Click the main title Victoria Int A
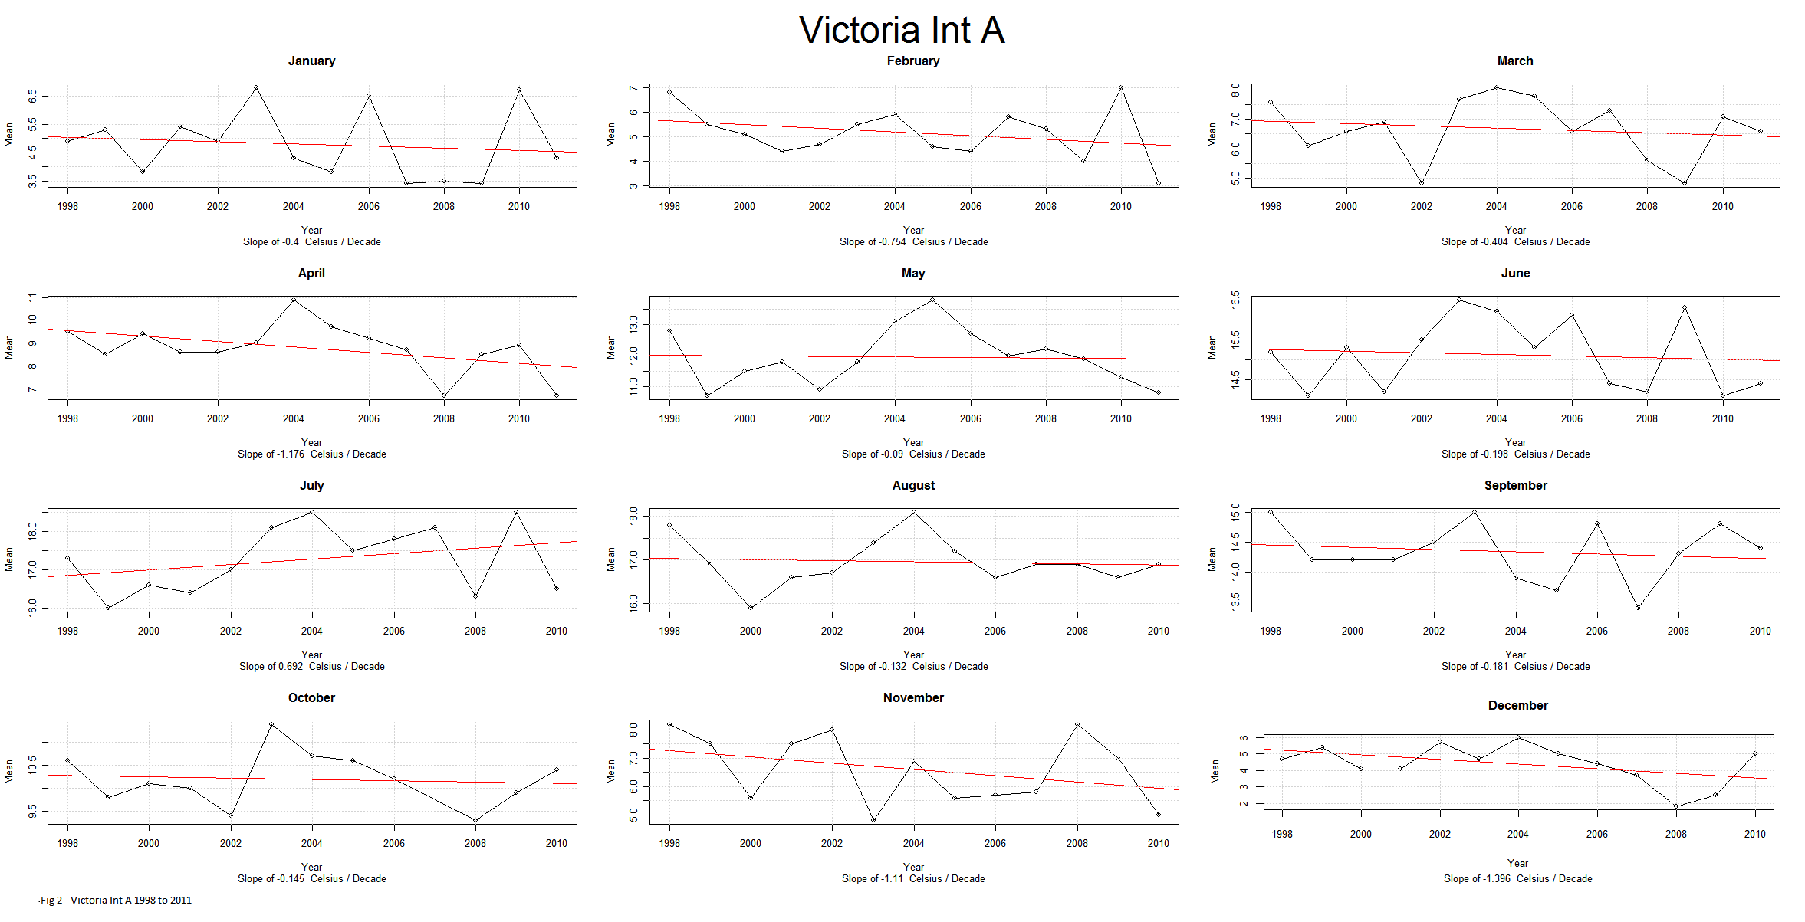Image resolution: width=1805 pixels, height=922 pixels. [x=902, y=31]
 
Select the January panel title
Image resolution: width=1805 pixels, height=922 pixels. [x=311, y=61]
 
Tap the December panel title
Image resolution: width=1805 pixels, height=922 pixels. [x=1517, y=705]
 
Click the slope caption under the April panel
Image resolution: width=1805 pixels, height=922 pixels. [x=311, y=454]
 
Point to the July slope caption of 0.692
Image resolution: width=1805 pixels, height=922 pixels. [x=311, y=666]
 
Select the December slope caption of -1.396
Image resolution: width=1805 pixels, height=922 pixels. [x=1517, y=878]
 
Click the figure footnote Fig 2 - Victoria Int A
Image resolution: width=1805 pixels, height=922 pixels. [x=116, y=900]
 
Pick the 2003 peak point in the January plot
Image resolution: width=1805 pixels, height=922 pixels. [x=256, y=87]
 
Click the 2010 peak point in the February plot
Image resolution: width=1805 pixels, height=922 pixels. [x=1121, y=87]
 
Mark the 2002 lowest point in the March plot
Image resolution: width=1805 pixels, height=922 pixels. [x=1422, y=183]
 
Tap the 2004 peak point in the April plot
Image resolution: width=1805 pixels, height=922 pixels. [x=294, y=300]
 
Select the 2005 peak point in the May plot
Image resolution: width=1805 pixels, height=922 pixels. [x=932, y=300]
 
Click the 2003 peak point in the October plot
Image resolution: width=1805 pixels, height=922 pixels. [x=271, y=724]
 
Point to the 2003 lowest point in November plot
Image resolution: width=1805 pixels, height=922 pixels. [x=873, y=820]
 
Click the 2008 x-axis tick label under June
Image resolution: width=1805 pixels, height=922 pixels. [x=1646, y=418]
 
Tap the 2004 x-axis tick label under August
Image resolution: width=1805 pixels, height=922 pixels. [x=913, y=631]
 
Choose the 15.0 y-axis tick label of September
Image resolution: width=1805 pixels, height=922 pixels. [x=1235, y=512]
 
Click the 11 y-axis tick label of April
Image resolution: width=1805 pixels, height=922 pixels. [x=31, y=297]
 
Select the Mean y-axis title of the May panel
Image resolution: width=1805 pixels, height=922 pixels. [x=610, y=346]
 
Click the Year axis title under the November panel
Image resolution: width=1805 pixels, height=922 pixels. [x=913, y=867]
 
